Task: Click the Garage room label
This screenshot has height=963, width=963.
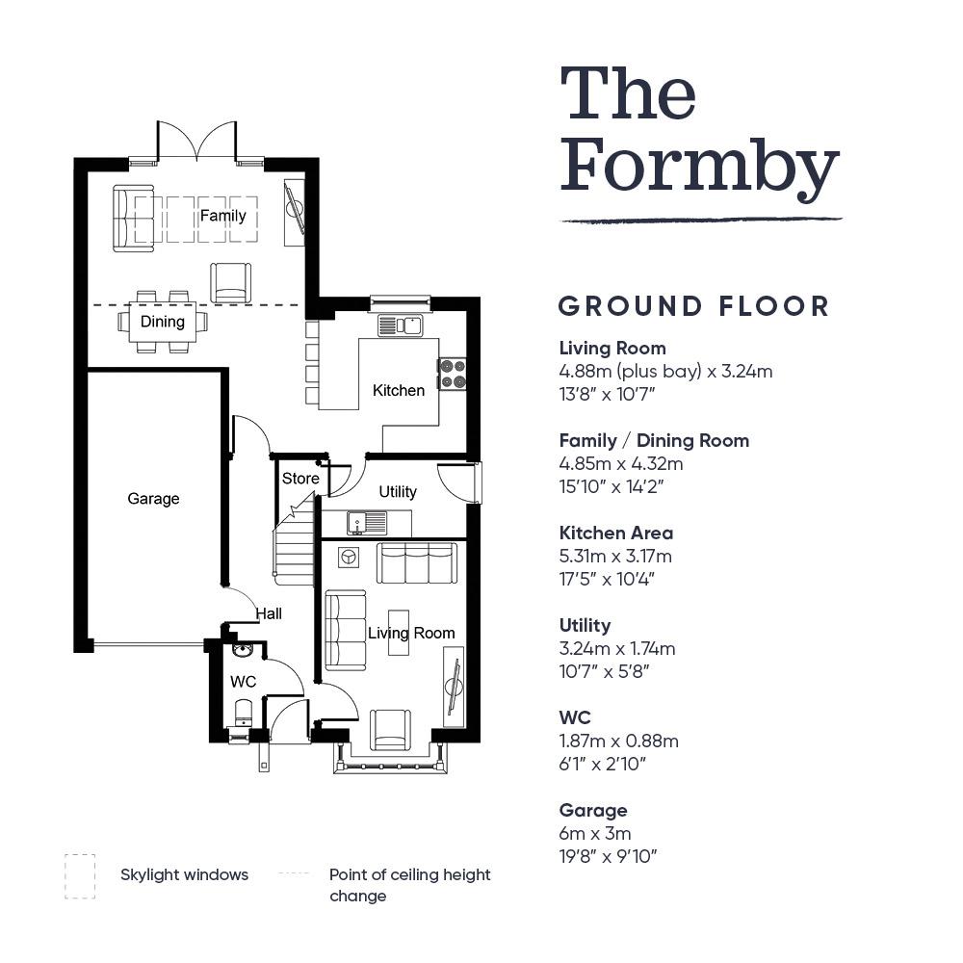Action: [153, 499]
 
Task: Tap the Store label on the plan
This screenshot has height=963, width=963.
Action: [300, 479]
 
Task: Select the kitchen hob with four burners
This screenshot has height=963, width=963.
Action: [453, 374]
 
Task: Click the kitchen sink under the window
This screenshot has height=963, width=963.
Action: [400, 325]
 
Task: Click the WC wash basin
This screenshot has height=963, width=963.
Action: [244, 650]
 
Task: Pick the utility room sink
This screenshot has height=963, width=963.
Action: [367, 523]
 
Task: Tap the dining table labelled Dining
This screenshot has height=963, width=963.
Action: [162, 322]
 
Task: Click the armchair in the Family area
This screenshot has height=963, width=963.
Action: [230, 282]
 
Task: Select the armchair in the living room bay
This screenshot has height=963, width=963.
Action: [390, 729]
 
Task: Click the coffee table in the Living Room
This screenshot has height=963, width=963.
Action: [399, 632]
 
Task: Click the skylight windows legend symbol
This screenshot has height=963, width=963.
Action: [80, 876]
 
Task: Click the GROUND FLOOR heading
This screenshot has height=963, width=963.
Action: [694, 306]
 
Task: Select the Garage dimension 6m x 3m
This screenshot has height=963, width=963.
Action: [595, 833]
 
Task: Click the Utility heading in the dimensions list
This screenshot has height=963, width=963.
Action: [585, 626]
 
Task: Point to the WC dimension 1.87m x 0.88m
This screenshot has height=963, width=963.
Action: [618, 741]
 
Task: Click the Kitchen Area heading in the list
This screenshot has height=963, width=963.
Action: [616, 533]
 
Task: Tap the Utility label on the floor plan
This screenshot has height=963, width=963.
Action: [398, 491]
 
